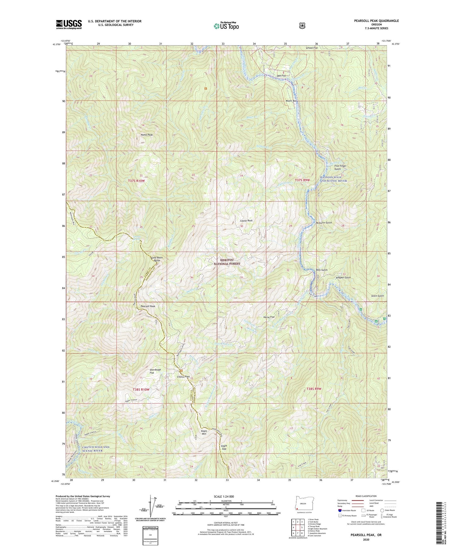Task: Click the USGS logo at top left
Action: coord(69,24)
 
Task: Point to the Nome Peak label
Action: coord(147,135)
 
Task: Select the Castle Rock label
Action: coord(246,221)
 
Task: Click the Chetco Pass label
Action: coord(183,377)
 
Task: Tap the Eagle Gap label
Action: coord(224,447)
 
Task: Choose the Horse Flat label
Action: coord(269,317)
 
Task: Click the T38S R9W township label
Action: coord(314,389)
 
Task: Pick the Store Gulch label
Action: coord(378,296)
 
